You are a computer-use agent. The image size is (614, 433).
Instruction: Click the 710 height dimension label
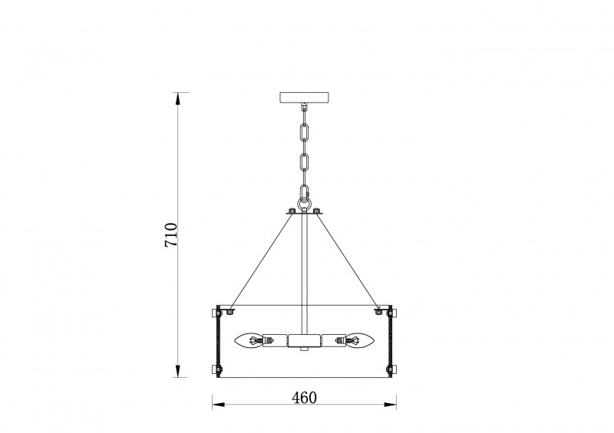tap(171, 235)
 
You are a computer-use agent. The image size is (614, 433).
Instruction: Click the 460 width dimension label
tap(304, 398)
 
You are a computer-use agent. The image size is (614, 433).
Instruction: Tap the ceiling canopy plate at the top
tap(304, 97)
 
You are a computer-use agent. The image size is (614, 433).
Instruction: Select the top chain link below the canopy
tap(304, 132)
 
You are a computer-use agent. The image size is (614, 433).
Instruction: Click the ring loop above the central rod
tap(304, 204)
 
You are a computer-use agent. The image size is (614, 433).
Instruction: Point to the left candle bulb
tap(248, 340)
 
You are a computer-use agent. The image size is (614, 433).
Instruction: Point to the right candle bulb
tap(360, 340)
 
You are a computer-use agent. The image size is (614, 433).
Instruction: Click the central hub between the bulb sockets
tap(304, 341)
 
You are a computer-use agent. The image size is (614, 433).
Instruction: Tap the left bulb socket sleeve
tap(275, 340)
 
